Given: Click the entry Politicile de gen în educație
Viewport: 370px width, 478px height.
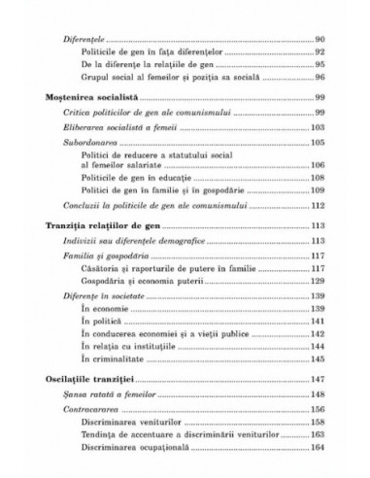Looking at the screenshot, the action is pos(135,180).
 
